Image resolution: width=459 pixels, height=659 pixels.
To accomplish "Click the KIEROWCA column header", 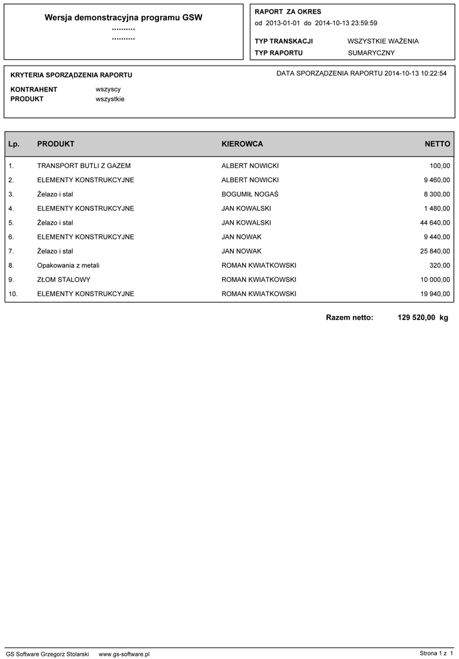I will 242,144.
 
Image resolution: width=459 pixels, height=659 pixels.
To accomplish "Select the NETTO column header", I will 437,144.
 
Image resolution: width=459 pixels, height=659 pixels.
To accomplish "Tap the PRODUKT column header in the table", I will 56,144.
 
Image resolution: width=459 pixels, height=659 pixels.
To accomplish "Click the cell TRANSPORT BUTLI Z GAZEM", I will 84,166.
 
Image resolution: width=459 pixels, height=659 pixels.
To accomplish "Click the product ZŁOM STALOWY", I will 64,279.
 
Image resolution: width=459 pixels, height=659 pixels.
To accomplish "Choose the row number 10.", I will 14,293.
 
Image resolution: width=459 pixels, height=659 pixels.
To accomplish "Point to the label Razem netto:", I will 350,317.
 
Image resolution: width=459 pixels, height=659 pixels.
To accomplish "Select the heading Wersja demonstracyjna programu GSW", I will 124,18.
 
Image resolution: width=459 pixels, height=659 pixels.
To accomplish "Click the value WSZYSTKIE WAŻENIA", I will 383,41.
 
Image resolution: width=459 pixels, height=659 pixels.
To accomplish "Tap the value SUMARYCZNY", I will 371,53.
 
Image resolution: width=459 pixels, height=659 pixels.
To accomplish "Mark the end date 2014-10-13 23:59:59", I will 346,23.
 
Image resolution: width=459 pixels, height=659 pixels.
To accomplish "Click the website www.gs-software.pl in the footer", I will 124,653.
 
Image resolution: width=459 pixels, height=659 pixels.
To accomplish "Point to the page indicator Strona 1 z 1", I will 436,653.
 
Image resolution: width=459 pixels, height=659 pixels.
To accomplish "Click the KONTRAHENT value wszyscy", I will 108,89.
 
